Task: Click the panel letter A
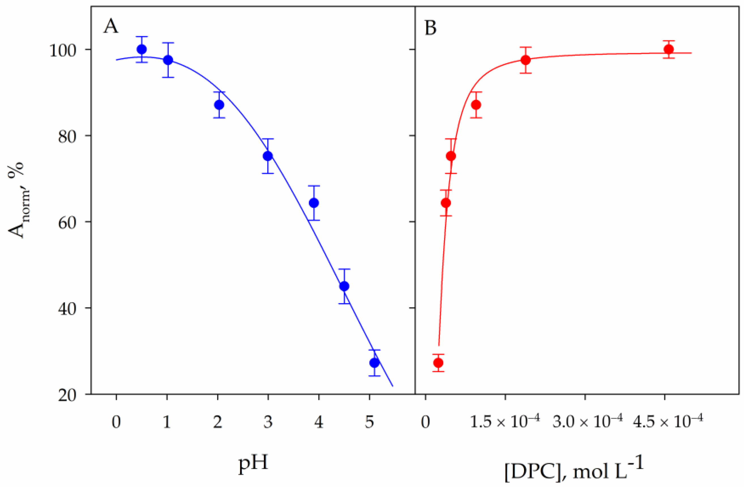[x=111, y=27]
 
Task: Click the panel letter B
[x=430, y=28]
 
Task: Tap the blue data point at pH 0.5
[x=142, y=49]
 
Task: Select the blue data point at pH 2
[x=219, y=105]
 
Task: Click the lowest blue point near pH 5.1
[x=375, y=363]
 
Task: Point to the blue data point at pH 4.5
[x=344, y=286]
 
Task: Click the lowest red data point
[x=438, y=363]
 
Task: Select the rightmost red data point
[x=669, y=49]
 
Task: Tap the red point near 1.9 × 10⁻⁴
[x=526, y=60]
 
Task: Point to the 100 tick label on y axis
[x=63, y=50]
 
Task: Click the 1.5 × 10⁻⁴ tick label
[x=505, y=421]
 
